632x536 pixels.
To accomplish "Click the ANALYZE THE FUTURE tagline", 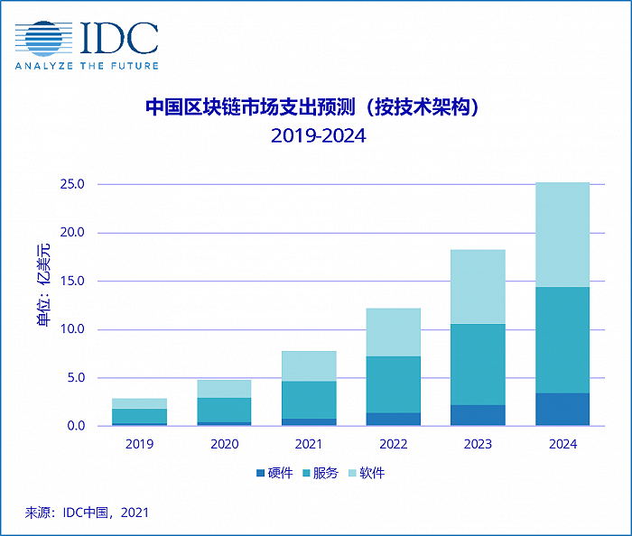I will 87,66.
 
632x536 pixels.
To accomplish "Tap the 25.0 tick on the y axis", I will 71,184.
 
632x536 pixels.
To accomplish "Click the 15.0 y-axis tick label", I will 71,281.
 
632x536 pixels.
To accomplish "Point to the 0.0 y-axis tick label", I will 74,426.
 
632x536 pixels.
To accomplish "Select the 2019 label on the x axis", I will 139,444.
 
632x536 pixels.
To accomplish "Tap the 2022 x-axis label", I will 393,444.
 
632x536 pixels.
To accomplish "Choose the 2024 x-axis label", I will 562,444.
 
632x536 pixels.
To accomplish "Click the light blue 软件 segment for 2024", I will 562,235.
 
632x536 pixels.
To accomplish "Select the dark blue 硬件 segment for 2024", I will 562,409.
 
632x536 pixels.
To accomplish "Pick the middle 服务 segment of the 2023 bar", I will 478,365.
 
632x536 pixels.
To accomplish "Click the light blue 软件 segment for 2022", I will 393,332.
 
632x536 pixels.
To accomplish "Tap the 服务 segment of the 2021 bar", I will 308,400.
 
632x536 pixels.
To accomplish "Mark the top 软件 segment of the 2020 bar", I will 224,389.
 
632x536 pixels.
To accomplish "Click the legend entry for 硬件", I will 274,473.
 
